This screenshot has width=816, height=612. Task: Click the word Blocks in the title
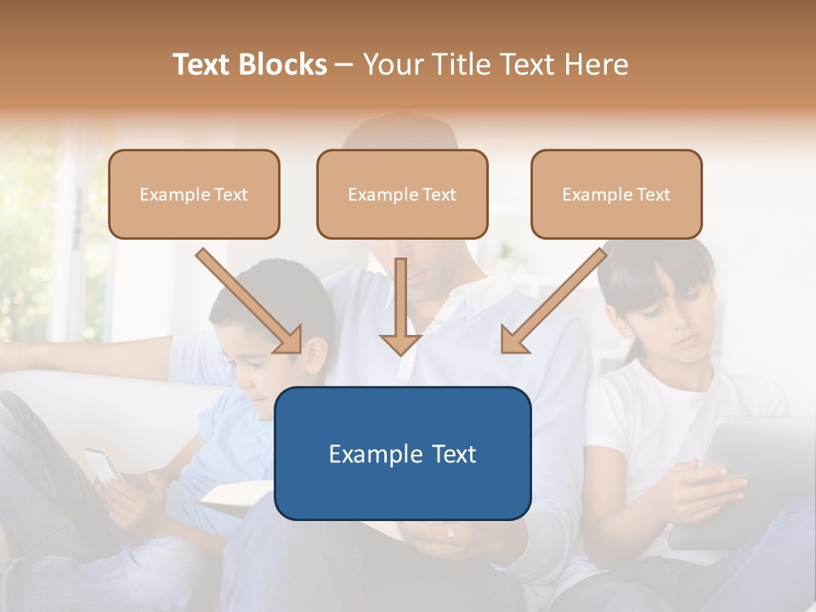tap(283, 65)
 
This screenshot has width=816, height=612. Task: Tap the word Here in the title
tap(595, 65)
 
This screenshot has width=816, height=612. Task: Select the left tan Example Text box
tap(194, 195)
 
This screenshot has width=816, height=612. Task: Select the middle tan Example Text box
tap(402, 195)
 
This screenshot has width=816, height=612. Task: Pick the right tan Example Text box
tap(616, 195)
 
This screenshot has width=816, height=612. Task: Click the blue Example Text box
tap(402, 453)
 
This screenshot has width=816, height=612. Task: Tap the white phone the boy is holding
tap(102, 465)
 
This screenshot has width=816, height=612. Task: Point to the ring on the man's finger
tap(450, 535)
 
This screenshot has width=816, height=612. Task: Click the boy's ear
tap(315, 355)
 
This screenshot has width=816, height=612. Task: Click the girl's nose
tap(671, 327)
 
